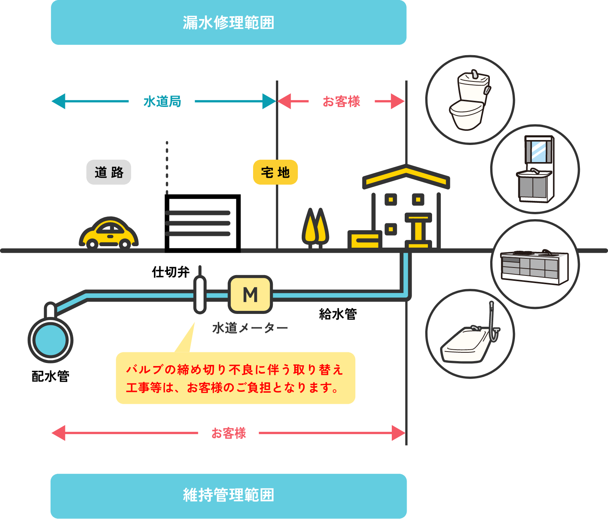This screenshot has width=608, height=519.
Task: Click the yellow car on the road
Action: tap(109, 233)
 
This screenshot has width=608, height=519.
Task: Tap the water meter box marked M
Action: tap(250, 295)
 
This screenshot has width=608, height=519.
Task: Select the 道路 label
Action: tap(109, 172)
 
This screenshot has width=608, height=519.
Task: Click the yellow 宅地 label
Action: tap(275, 172)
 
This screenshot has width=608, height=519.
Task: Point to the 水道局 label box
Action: tap(161, 102)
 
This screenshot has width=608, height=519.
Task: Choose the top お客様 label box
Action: tap(341, 102)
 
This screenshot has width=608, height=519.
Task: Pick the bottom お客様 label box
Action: tap(228, 433)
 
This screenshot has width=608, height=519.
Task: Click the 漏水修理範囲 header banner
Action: tap(228, 22)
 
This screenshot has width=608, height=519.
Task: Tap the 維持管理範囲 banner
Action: tap(228, 495)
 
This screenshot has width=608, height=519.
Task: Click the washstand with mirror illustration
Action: tap(535, 169)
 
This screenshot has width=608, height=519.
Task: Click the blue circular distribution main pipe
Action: tap(51, 340)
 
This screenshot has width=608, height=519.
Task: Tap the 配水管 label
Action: tap(51, 376)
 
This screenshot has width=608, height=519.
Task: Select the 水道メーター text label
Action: tap(250, 328)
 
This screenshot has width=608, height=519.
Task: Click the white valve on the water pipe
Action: tap(200, 295)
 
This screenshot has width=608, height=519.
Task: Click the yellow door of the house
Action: tap(418, 230)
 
